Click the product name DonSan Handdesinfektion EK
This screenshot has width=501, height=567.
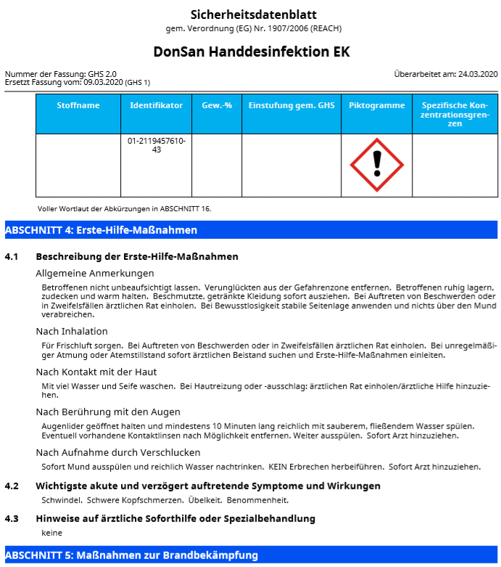pos(252,52)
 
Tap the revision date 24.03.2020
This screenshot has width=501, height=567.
pos(478,74)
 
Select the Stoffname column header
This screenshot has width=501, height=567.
pos(78,106)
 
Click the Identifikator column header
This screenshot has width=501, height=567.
pos(156,106)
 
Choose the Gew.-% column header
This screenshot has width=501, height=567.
pos(217,106)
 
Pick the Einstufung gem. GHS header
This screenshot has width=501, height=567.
pos(291,106)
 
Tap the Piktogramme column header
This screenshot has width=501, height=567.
pos(376,106)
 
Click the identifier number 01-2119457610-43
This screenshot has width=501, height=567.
pos(156,145)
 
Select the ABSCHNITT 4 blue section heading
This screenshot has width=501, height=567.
pos(102,230)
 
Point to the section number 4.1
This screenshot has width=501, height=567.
pos(12,257)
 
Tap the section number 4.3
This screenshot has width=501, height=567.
pos(12,518)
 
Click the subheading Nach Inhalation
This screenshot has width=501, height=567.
pos(73,331)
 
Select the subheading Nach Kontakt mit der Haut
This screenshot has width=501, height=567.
pos(96,372)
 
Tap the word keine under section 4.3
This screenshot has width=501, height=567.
pos(52,533)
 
